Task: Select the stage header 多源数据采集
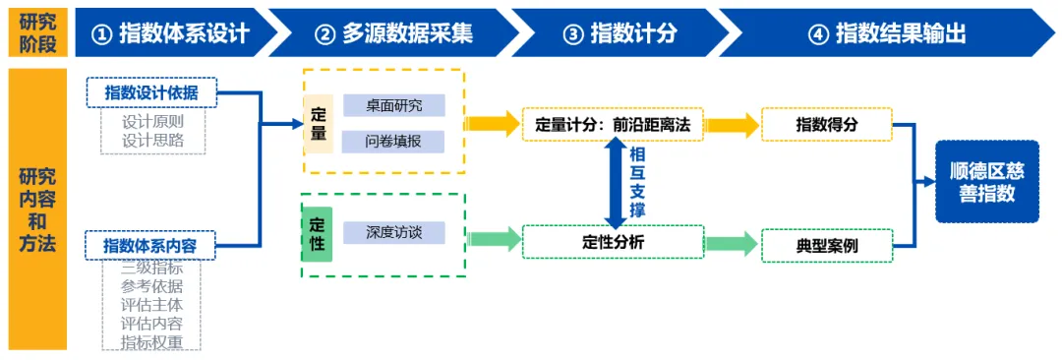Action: (396, 31)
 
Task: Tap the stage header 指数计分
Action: (619, 31)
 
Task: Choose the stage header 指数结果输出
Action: (887, 31)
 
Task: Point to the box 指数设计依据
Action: (151, 92)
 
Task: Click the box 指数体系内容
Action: (151, 246)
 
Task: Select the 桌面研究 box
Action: (393, 105)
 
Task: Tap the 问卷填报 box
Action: (393, 142)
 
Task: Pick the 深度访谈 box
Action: (393, 232)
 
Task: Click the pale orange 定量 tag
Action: (318, 123)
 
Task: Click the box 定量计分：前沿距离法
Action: (613, 124)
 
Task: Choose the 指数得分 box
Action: (827, 124)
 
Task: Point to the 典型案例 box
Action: (827, 246)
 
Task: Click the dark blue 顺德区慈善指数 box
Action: (987, 181)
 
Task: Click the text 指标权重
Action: (151, 341)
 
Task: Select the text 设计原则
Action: (153, 122)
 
